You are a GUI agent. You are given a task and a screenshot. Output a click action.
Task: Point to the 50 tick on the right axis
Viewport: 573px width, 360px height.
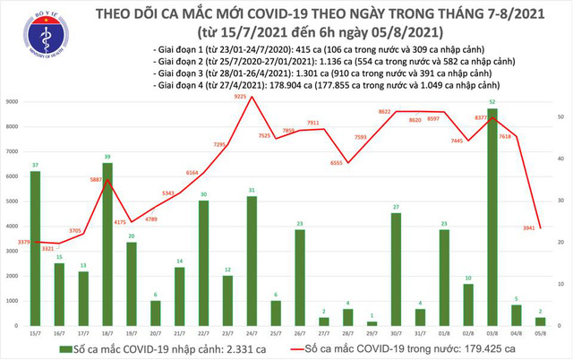click(x=559, y=117)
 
